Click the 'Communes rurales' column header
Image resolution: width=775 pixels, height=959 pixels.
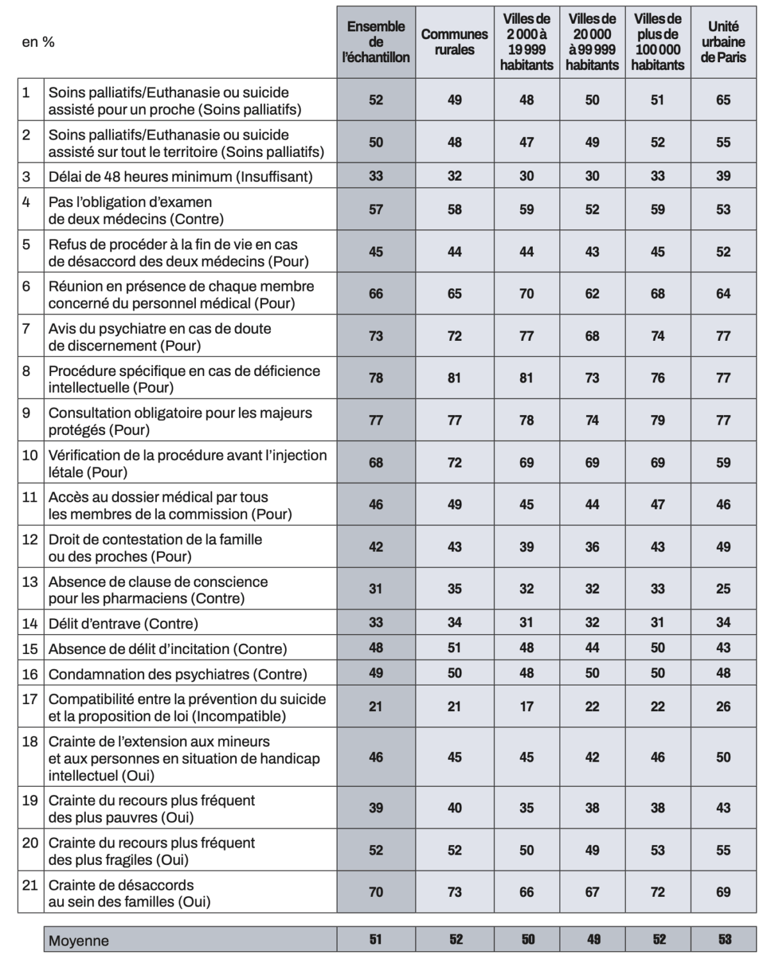(x=454, y=42)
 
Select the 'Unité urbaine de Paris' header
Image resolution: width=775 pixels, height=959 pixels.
(x=722, y=42)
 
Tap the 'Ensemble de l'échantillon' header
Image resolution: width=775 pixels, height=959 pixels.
(x=376, y=42)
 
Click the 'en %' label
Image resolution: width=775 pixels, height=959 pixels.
(x=38, y=42)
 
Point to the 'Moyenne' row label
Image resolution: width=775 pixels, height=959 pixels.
(x=79, y=940)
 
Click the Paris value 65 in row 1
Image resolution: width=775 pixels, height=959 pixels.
(x=723, y=100)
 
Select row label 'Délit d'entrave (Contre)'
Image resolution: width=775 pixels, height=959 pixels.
(x=123, y=623)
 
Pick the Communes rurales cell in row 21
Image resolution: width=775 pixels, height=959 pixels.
(x=454, y=892)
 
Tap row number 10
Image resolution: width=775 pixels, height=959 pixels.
(x=30, y=455)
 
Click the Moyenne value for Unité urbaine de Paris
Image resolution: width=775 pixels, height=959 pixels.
(x=724, y=940)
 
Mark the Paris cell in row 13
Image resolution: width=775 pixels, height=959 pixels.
(x=723, y=589)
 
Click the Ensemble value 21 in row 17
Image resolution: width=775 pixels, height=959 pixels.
(x=376, y=707)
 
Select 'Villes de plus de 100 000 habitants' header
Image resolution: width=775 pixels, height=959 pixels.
(x=658, y=42)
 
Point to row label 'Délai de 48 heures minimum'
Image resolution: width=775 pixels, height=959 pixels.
(x=181, y=176)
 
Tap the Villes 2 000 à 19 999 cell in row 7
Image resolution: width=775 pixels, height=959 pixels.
(x=526, y=336)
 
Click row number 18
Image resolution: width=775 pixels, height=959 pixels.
(x=30, y=742)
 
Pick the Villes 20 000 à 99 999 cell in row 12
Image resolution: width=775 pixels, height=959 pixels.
(x=592, y=547)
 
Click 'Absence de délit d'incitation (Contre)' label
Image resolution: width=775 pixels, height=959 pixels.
(x=168, y=648)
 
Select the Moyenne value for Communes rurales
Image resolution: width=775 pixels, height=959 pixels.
(x=455, y=940)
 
